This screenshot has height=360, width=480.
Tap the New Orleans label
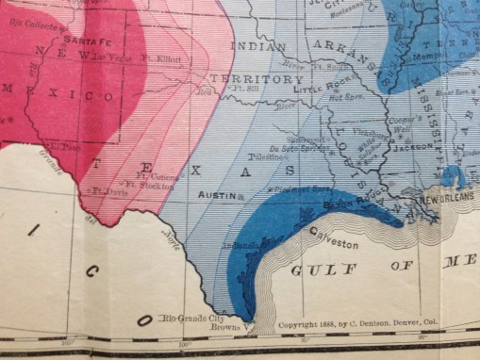coord(445,202)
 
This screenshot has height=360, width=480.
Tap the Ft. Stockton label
coord(148,185)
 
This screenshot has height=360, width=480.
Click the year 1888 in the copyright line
coord(328,325)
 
